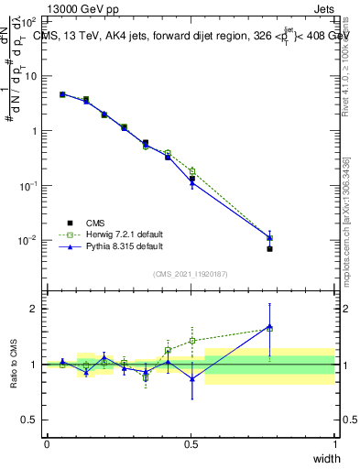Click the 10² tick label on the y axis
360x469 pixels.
tap(28, 20)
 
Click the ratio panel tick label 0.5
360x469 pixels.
tap(28, 420)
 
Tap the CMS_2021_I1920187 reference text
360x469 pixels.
tap(190, 273)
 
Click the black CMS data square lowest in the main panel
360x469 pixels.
tap(269, 248)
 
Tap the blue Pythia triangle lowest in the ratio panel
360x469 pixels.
tap(192, 378)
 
